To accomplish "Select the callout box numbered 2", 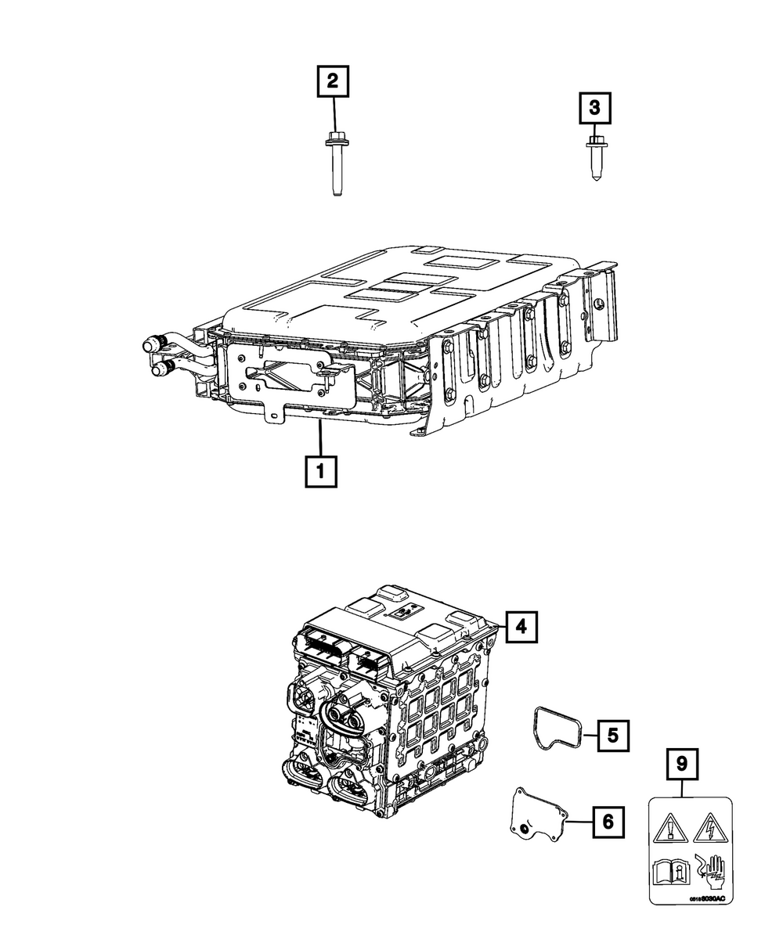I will tap(334, 81).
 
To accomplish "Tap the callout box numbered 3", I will tap(595, 108).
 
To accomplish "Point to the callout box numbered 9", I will tap(682, 764).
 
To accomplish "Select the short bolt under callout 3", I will tap(595, 159).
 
